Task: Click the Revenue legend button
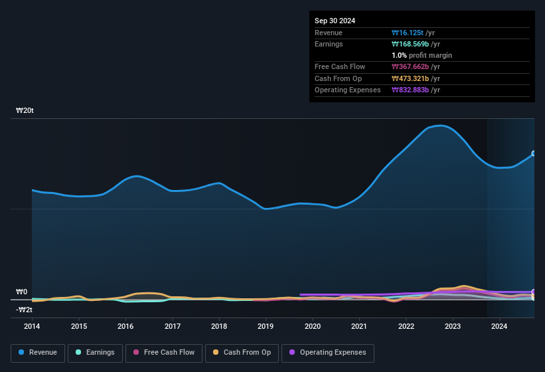(38, 353)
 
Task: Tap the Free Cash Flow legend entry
(164, 353)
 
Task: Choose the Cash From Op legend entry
(242, 353)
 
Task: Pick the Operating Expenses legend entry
(328, 353)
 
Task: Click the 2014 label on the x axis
(32, 326)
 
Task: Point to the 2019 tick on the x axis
(266, 326)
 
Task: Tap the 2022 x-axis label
(406, 326)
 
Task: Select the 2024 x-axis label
(499, 326)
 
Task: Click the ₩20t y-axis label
(25, 111)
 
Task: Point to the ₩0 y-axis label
(21, 292)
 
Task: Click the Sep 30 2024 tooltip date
(335, 21)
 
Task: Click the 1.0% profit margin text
(422, 55)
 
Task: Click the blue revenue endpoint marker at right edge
(534, 153)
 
